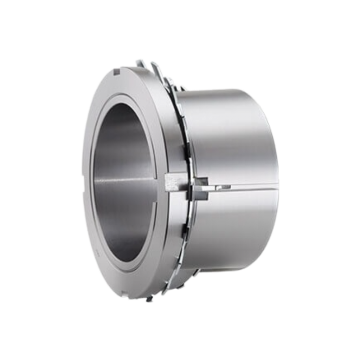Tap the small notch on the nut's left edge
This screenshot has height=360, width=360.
coord(83,192)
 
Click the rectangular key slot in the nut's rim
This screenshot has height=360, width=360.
coord(174,182)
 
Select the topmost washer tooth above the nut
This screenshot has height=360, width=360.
coord(139,63)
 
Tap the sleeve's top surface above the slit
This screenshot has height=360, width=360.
coord(229,134)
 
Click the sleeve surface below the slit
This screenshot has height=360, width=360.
coord(232,229)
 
